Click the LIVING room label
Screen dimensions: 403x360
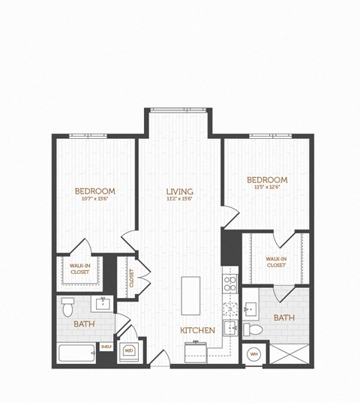tap(180, 191)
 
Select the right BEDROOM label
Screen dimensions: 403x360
tap(266, 179)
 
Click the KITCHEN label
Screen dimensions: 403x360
tap(197, 330)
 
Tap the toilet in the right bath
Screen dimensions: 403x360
tap(253, 329)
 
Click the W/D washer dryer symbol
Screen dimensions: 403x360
tap(128, 350)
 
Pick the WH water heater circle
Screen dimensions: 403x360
tap(253, 353)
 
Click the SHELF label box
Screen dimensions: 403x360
tap(106, 346)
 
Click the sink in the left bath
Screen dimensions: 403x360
tap(101, 304)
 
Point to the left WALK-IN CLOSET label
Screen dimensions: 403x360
tap(79, 269)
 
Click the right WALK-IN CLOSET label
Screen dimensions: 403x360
tap(275, 261)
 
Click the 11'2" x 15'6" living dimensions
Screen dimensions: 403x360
tap(180, 200)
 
